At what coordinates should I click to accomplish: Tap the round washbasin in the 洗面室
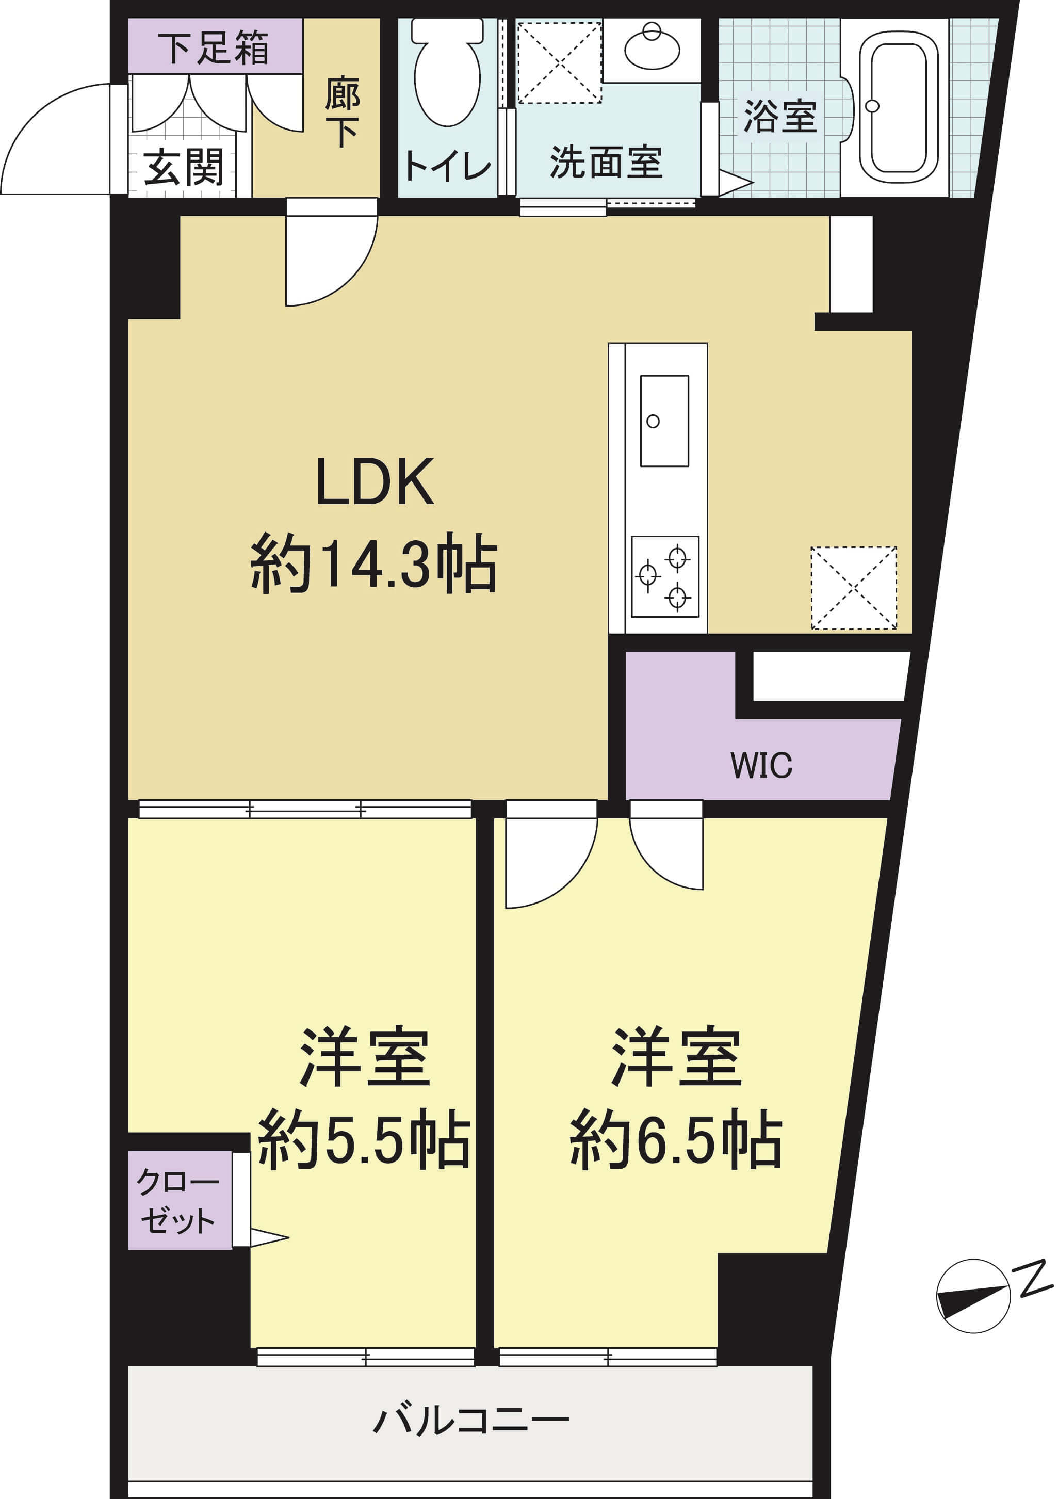pos(652,47)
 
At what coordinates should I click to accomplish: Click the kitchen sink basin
pos(664,421)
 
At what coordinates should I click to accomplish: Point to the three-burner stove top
pos(665,576)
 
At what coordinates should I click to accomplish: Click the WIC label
pos(761,765)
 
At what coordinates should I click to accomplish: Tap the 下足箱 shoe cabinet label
pos(214,47)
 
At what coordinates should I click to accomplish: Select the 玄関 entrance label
pos(184,167)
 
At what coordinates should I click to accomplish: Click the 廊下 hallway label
pos(342,111)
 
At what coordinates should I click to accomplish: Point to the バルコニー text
pos(471,1420)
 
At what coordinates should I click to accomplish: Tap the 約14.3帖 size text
pos(374,563)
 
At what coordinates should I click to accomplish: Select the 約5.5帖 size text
pos(364,1140)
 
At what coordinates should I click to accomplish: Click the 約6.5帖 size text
pos(676,1140)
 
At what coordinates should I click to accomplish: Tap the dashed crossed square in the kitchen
pos(854,588)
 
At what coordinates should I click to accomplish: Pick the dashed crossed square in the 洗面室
pos(559,62)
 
